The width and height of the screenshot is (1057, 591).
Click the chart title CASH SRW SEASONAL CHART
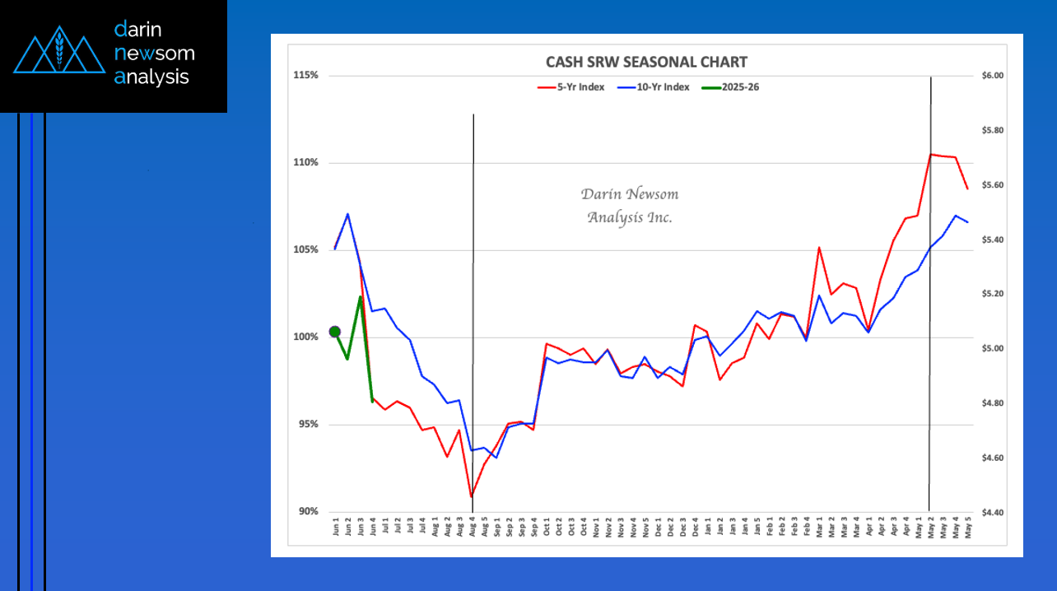pyautogui.click(x=646, y=63)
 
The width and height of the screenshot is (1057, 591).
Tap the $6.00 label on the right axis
pyautogui.click(x=992, y=76)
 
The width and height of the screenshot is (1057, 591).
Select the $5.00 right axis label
pyautogui.click(x=992, y=349)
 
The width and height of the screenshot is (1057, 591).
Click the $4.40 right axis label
pyautogui.click(x=992, y=512)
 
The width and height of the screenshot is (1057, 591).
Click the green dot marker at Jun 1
pyautogui.click(x=335, y=332)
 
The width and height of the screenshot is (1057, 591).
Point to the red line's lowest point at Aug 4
pyautogui.click(x=472, y=496)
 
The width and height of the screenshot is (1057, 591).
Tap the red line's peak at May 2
pyautogui.click(x=930, y=154)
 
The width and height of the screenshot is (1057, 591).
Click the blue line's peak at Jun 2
pyautogui.click(x=348, y=214)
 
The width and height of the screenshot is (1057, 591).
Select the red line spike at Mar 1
pyautogui.click(x=819, y=247)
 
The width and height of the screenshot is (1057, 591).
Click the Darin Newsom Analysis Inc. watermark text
pyautogui.click(x=630, y=206)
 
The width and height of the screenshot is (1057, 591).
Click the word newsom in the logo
pyautogui.click(x=155, y=54)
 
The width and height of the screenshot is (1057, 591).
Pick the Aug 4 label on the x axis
pyautogui.click(x=473, y=528)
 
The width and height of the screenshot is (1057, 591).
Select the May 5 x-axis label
pyautogui.click(x=967, y=528)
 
